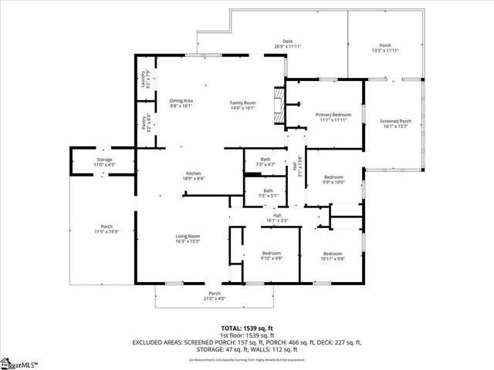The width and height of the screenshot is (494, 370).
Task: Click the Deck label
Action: pos(287,44)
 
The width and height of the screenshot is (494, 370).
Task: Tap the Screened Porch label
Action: pos(394,124)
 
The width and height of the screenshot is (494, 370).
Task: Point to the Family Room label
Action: pos(242,106)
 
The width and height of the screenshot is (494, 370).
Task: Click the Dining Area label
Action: pos(181,104)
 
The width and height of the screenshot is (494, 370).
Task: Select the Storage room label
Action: pos(104,162)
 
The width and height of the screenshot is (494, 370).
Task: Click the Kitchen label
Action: pos(193,176)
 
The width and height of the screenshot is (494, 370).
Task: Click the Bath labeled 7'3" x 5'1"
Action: pos(268,193)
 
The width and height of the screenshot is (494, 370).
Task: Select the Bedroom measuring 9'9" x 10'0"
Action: pos(333,180)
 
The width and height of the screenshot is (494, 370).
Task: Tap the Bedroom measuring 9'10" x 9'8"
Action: pos(271,256)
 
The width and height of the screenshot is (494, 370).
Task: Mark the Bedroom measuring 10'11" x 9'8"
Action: pos(333,256)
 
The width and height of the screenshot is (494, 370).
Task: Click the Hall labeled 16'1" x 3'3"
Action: pos(276,218)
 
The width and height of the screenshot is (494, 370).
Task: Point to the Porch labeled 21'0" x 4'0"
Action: pos(215,296)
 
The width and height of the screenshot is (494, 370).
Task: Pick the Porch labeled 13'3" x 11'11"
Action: pos(384,48)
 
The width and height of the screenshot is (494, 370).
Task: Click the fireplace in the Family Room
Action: pos(279,104)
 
